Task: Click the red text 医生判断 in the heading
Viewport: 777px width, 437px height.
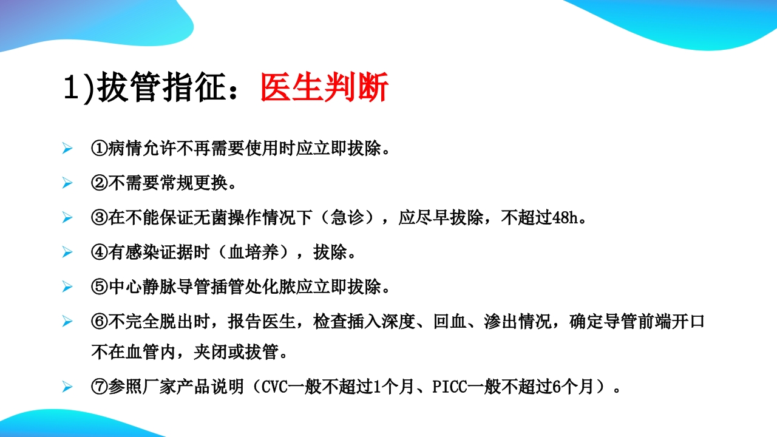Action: point(324,89)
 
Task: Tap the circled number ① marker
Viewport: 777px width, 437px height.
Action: point(100,149)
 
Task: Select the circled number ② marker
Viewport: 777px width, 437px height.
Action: point(100,183)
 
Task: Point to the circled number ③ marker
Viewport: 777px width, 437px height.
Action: point(100,218)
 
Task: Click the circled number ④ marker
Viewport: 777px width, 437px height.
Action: point(100,252)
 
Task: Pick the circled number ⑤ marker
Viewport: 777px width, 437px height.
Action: point(100,287)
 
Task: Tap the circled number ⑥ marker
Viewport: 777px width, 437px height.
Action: point(100,322)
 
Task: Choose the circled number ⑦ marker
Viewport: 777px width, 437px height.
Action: point(100,387)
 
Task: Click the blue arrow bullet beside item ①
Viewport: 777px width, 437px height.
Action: point(67,149)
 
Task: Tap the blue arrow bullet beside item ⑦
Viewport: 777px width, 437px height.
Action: point(67,387)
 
